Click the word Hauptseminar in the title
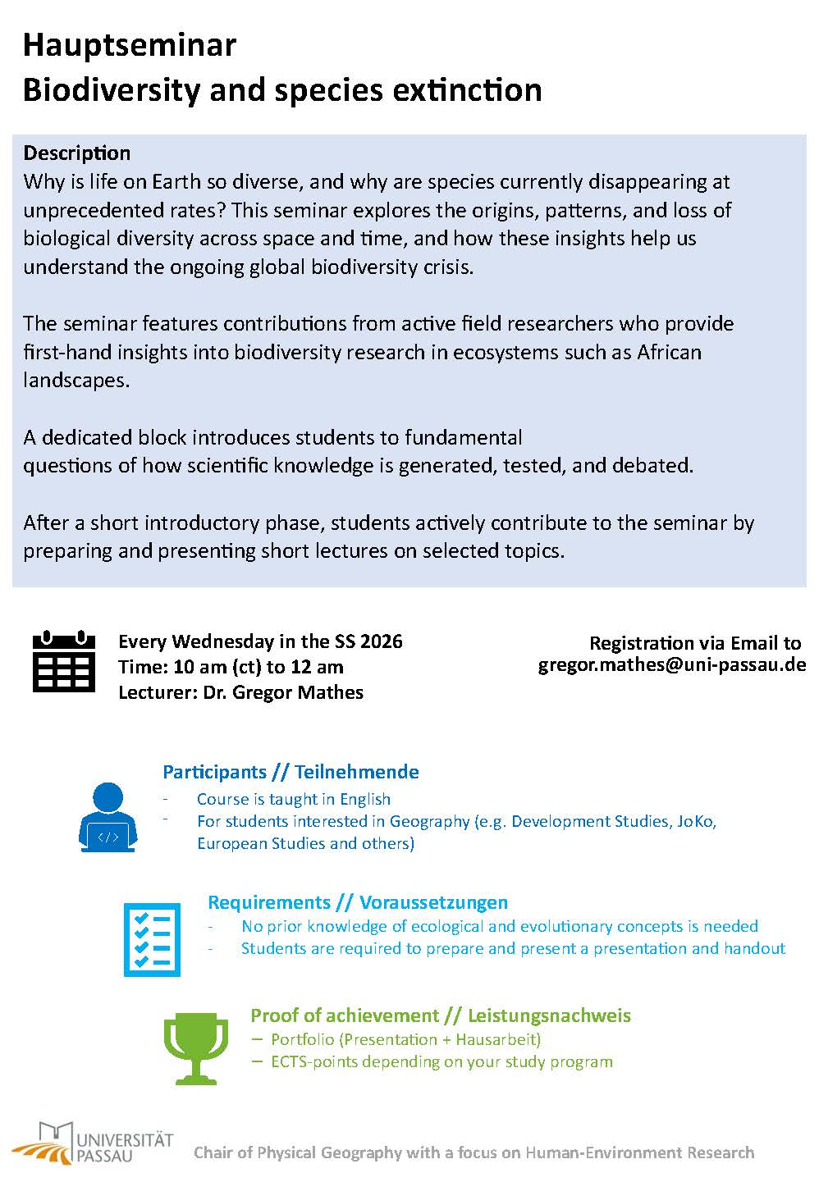[130, 46]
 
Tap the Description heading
[76, 153]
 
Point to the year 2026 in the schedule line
[381, 641]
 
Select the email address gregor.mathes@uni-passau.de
[672, 664]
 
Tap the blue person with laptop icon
[108, 817]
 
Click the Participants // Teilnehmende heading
[291, 772]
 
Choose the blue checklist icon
[151, 939]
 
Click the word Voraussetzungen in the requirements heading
[433, 902]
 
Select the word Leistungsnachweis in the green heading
[549, 1015]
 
